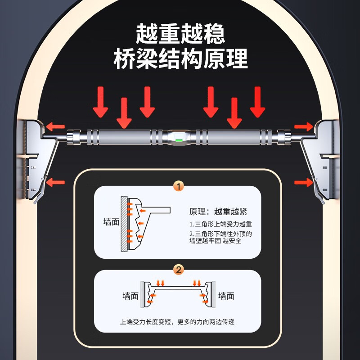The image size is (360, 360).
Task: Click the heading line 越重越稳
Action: point(180,34)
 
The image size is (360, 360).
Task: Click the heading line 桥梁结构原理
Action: point(180,59)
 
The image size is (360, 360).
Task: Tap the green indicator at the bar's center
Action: point(179,140)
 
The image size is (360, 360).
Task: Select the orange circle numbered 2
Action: point(179,270)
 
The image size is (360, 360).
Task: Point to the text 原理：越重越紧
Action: point(218,211)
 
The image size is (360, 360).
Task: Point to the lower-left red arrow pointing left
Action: point(56,182)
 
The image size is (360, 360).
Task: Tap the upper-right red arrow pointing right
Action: point(303,126)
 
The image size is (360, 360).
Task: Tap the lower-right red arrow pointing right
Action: point(303,182)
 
